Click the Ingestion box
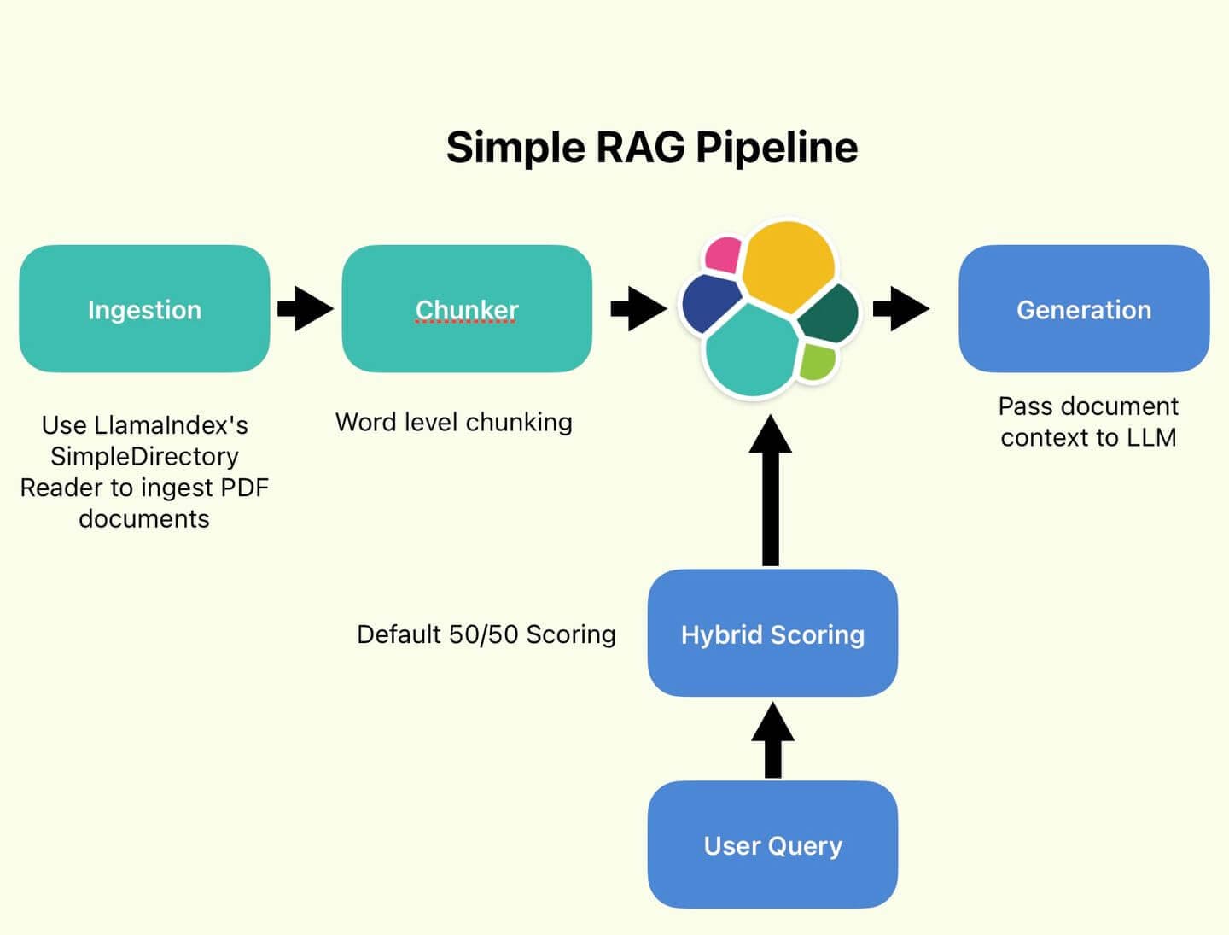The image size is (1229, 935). tap(144, 309)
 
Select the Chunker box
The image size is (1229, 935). tap(467, 309)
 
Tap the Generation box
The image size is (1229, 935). tap(1084, 309)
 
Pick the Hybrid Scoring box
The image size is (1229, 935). tap(772, 634)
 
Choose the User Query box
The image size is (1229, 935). tap(772, 844)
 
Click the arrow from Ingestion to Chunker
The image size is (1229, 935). tap(306, 308)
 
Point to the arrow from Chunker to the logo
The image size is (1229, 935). tap(638, 308)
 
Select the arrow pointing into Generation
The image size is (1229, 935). tap(901, 308)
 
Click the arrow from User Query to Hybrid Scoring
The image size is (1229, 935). tap(772, 740)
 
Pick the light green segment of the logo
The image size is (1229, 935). tap(817, 361)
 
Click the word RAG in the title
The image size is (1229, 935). tap(640, 147)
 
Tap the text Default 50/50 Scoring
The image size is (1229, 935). tap(486, 634)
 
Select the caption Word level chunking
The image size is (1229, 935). tap(453, 422)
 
